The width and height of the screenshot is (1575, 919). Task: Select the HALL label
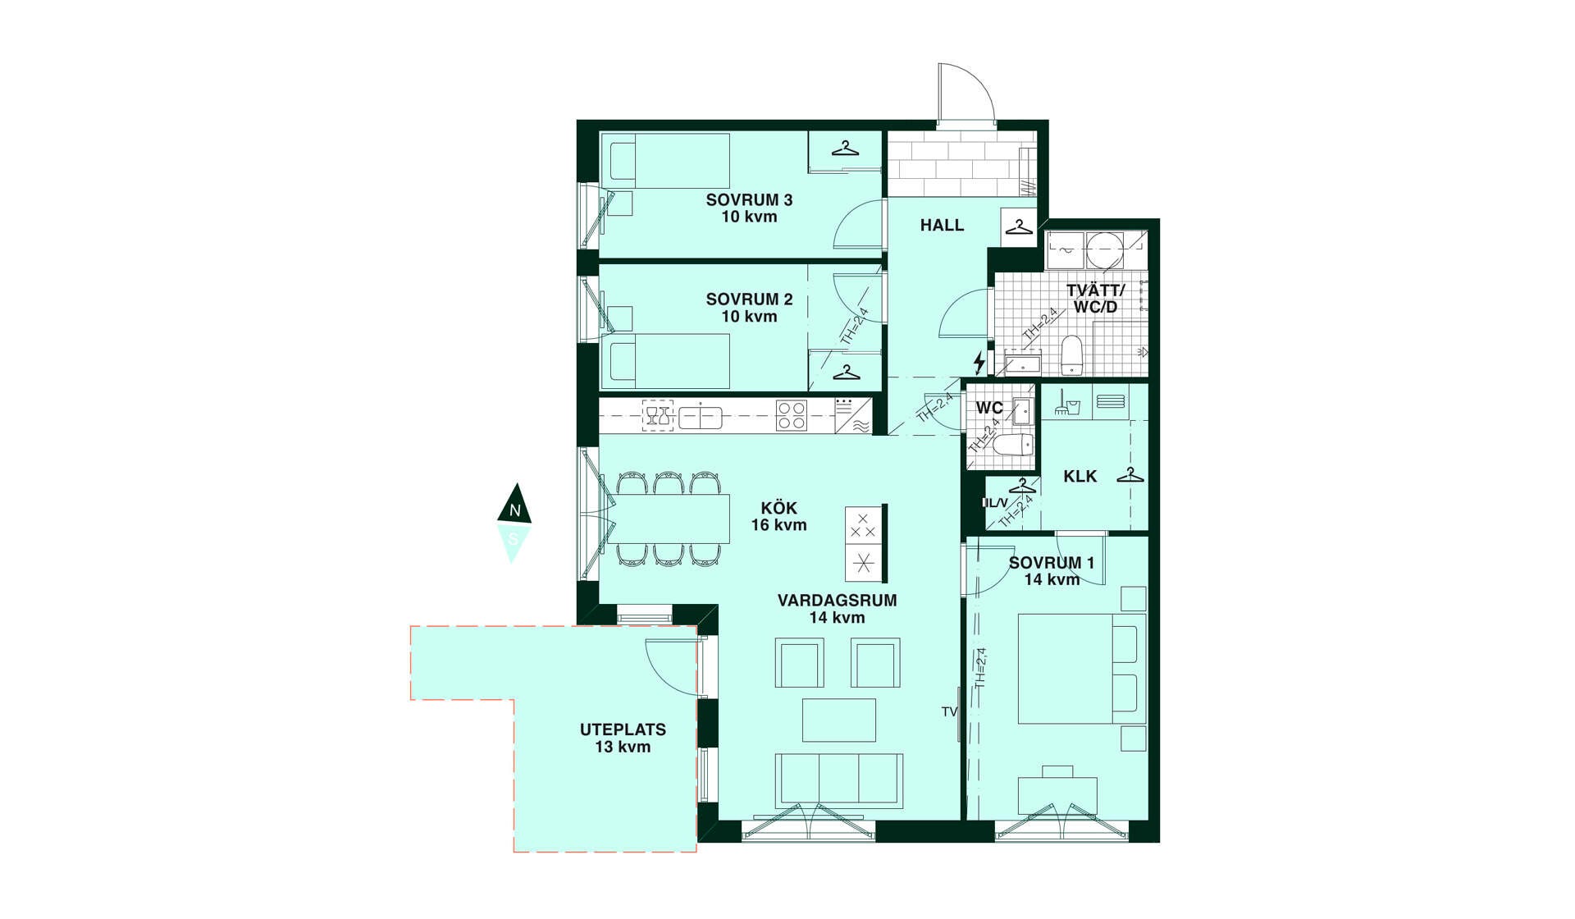tap(942, 225)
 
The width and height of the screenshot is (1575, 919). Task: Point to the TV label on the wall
tap(949, 711)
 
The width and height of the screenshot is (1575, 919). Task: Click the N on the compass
tap(515, 510)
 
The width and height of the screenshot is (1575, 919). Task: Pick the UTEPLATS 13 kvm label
tap(623, 738)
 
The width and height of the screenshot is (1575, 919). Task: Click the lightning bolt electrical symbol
tap(979, 362)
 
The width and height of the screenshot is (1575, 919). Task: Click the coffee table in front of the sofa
tap(839, 720)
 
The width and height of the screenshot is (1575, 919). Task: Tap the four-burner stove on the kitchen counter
tap(792, 415)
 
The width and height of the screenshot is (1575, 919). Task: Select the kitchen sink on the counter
tap(701, 417)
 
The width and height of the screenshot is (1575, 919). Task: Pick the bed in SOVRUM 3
tap(665, 161)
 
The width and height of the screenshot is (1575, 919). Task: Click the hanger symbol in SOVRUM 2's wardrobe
tap(846, 373)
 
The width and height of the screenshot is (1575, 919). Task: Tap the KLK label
tap(1080, 477)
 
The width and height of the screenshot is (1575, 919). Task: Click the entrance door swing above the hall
tap(967, 94)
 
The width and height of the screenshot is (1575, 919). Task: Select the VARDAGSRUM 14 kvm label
tap(837, 609)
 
